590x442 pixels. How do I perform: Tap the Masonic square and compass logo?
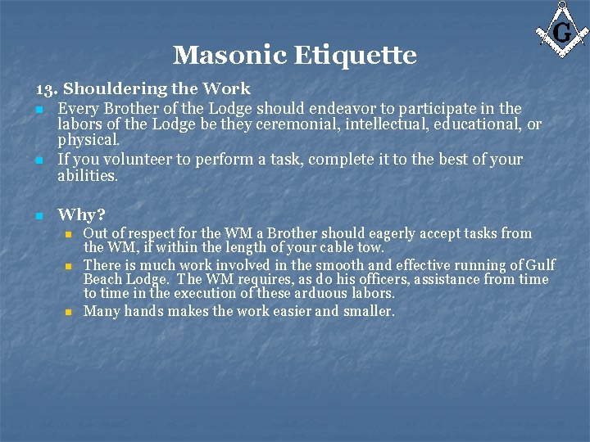(x=561, y=30)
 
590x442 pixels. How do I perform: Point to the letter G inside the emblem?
(x=562, y=33)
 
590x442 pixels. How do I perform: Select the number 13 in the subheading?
(x=45, y=88)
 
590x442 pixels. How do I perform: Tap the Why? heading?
(x=81, y=215)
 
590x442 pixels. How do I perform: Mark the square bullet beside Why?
(x=39, y=216)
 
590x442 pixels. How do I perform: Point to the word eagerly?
(x=398, y=234)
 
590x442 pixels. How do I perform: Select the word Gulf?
(x=541, y=265)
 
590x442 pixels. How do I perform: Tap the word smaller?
(x=369, y=311)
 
